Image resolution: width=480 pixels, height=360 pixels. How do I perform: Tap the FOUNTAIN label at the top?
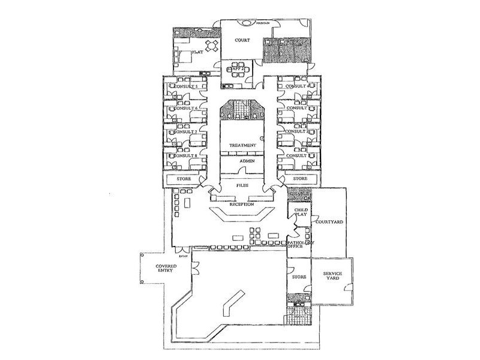coord(263,24)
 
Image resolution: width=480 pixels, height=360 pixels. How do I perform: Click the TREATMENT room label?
coord(243,146)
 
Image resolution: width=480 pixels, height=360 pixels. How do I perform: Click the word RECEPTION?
coord(242,205)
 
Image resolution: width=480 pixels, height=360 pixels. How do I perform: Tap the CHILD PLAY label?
coord(300,212)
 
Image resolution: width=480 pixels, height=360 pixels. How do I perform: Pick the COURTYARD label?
coord(329,222)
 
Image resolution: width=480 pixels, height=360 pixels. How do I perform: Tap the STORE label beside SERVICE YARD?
coord(299,277)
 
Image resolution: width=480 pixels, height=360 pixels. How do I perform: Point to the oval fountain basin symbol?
coord(247,23)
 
